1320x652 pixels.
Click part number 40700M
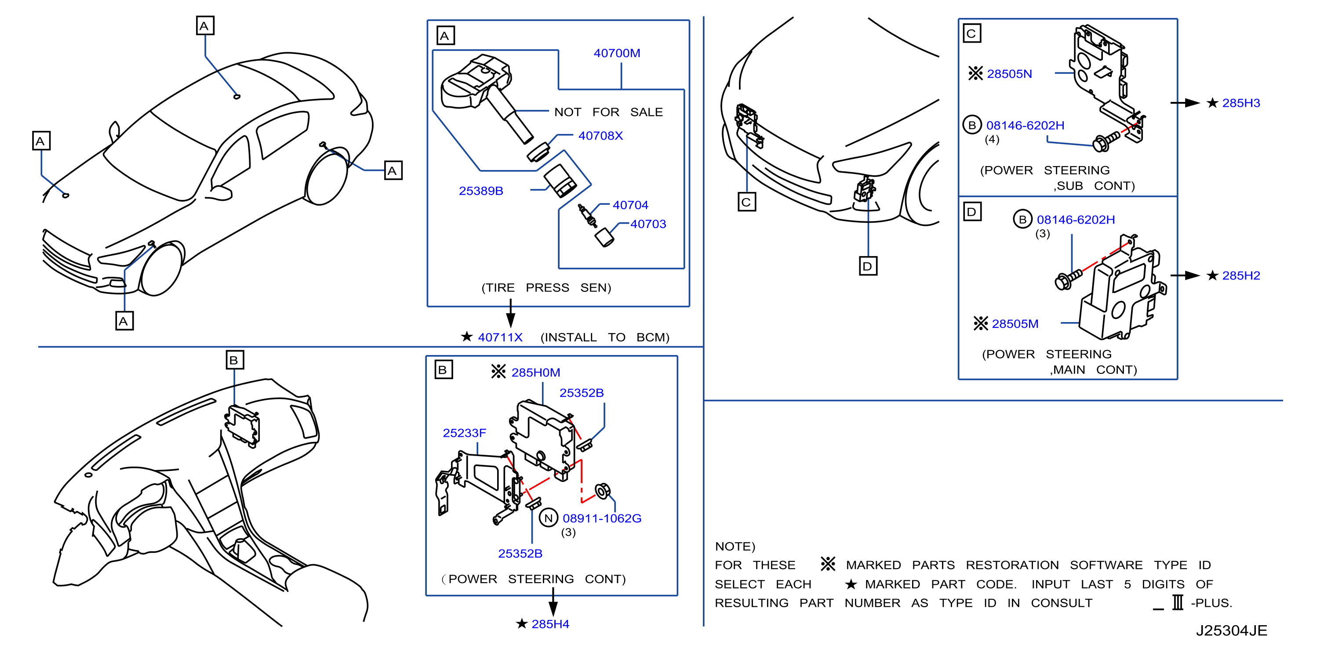[617, 53]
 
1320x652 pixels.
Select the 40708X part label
[600, 136]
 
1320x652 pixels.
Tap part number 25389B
[480, 191]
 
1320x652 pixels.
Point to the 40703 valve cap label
[648, 225]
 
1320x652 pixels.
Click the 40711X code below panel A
[500, 337]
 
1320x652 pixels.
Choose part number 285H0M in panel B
[535, 373]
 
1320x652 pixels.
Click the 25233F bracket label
[464, 433]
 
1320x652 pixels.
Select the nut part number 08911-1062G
[602, 519]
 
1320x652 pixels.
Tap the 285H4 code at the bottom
[550, 624]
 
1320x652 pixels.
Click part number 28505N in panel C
[1010, 74]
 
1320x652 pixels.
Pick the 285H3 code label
[1241, 103]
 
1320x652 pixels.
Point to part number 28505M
[1015, 324]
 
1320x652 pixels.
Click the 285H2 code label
[1241, 276]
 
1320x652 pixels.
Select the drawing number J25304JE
[1231, 631]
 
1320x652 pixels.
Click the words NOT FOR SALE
[608, 112]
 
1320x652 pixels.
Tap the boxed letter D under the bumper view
[868, 266]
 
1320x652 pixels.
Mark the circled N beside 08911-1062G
[548, 518]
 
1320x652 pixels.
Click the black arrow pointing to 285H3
[1185, 103]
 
